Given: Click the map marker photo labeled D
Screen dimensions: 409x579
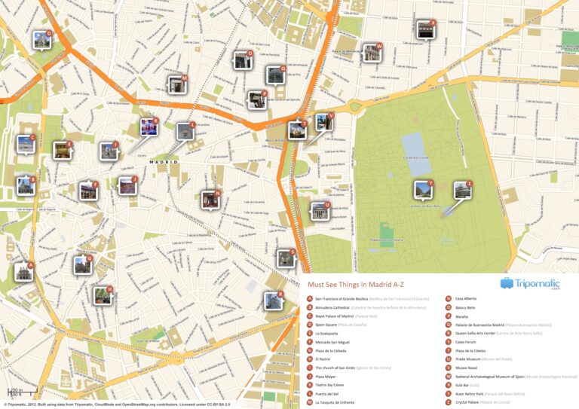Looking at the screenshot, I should [x=42, y=40].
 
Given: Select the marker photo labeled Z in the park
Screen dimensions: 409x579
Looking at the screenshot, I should [x=462, y=191].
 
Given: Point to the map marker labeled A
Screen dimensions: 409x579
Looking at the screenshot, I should [x=24, y=273].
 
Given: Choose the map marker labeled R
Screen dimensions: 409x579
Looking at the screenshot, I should [x=273, y=301].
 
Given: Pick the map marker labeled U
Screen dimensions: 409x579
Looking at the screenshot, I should [x=320, y=211].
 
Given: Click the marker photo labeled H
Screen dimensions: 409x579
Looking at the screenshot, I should [x=103, y=296].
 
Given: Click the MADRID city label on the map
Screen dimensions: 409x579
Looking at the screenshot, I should [x=162, y=162].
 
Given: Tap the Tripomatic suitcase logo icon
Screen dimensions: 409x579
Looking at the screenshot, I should [x=507, y=284].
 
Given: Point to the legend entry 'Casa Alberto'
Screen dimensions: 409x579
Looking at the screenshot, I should [x=467, y=298].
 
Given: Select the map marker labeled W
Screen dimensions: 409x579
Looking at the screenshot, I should [x=372, y=53].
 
